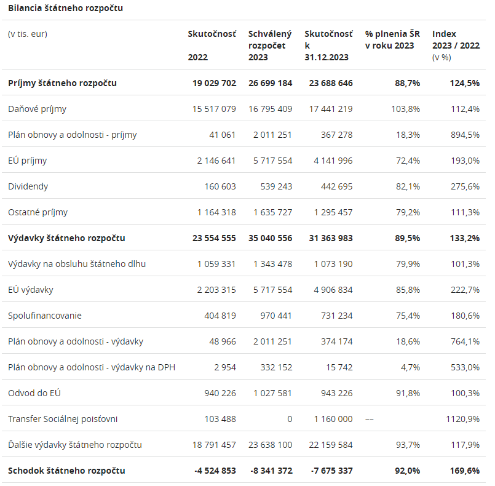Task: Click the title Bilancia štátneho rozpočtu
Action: point(65,8)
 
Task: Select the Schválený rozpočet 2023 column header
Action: point(270,46)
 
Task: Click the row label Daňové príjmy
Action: point(37,109)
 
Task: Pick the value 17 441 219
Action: point(328,109)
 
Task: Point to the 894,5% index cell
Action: point(464,135)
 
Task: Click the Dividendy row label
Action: point(28,186)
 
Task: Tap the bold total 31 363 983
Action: point(328,238)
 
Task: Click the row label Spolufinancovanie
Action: point(45,316)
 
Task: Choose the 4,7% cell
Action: point(410,367)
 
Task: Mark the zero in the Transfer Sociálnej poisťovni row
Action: point(289,419)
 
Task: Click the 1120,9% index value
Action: point(462,419)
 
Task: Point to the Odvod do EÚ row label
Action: point(34,393)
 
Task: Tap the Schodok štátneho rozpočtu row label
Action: point(66,471)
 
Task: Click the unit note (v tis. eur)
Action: point(28,34)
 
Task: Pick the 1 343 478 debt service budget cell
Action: point(271,264)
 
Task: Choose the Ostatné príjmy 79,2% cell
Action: point(408,212)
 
